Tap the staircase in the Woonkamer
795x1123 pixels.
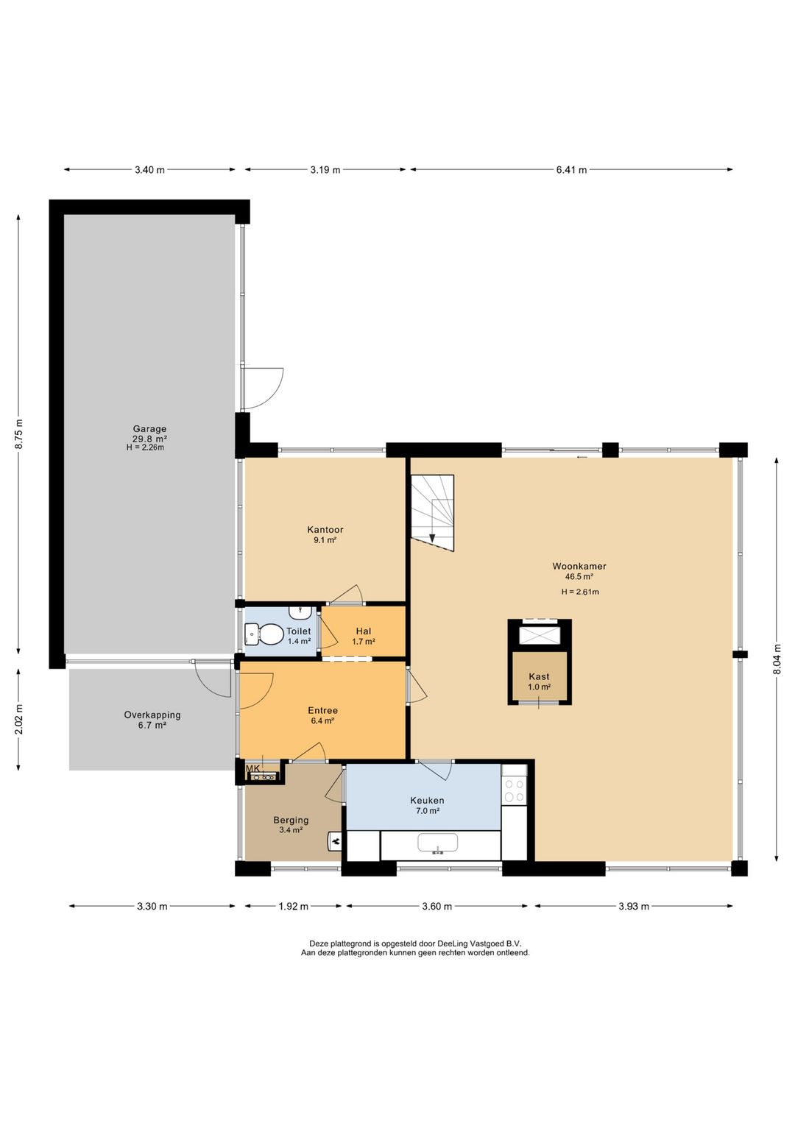tap(432, 512)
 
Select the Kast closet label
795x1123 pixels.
tap(539, 676)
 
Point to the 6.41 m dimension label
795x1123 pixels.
tap(571, 169)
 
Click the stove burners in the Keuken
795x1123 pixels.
tap(514, 790)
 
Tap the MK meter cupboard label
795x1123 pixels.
tap(252, 768)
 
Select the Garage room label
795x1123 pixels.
tap(149, 428)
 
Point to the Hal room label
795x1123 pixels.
tap(364, 631)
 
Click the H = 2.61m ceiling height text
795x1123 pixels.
tap(580, 592)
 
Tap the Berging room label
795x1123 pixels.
tap(291, 821)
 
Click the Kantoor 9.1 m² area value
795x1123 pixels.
tap(325, 540)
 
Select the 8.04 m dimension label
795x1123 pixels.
tap(777, 659)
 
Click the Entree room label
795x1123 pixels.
tap(322, 710)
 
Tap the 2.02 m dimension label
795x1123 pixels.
tap(19, 719)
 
